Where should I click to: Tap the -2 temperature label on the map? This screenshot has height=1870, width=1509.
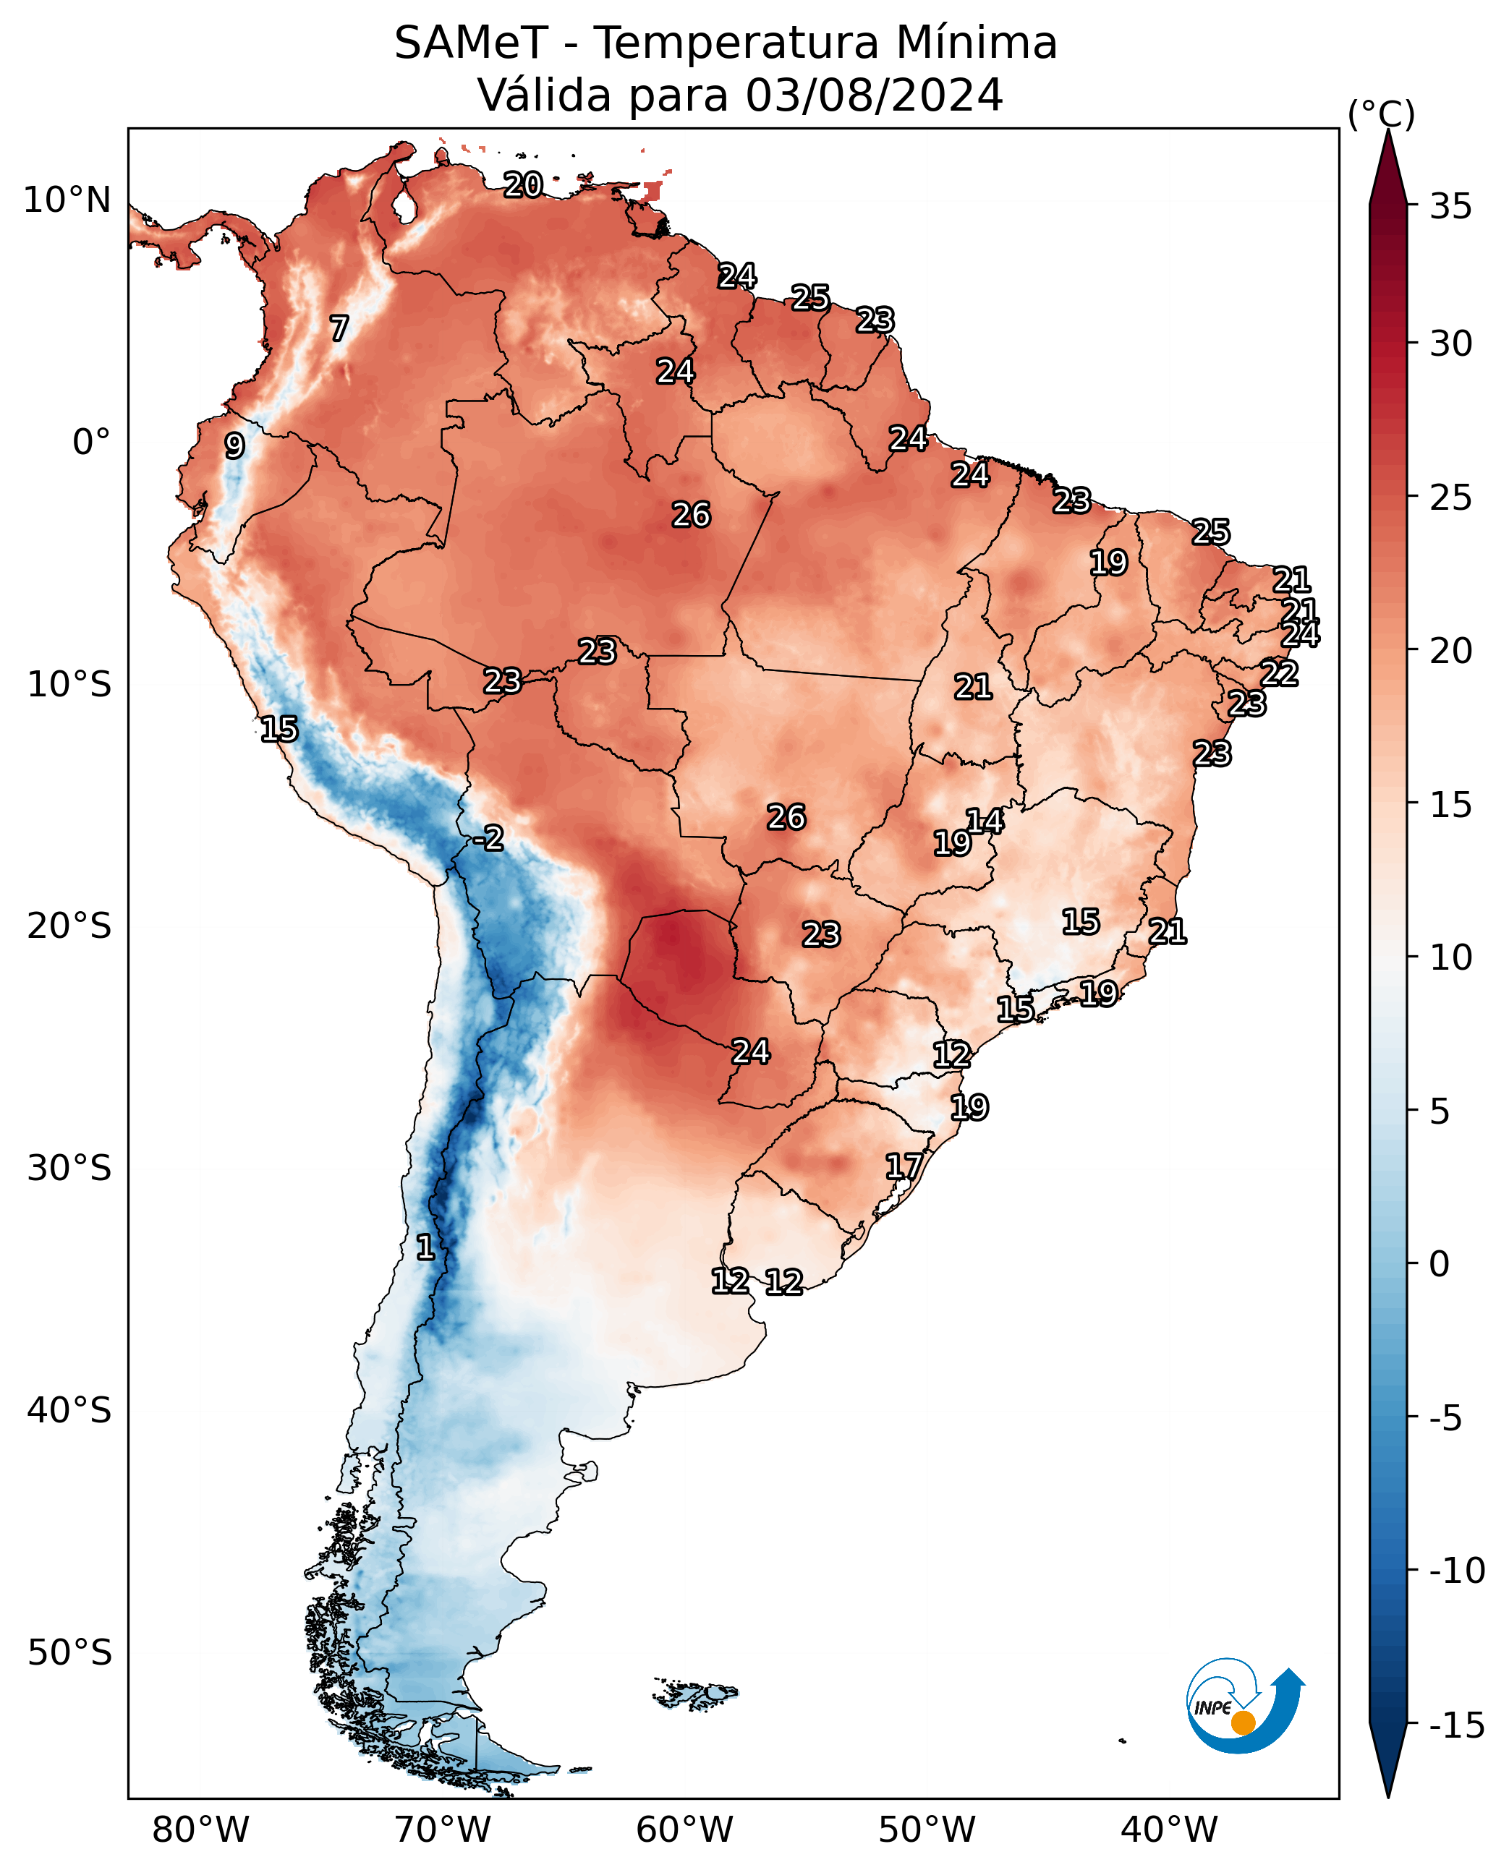[x=488, y=839]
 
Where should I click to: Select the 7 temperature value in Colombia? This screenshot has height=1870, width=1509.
[x=339, y=328]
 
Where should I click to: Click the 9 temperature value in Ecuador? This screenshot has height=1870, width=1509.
[x=234, y=445]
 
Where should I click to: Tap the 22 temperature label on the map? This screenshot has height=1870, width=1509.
[x=1280, y=673]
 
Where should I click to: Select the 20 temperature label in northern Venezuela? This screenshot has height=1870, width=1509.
[x=523, y=184]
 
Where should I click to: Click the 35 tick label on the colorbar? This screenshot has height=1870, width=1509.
[x=1450, y=207]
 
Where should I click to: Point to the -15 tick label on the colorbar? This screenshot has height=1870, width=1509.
[x=1457, y=1726]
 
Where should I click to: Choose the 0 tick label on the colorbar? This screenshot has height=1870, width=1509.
[x=1440, y=1264]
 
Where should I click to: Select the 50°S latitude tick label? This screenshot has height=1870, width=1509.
[x=69, y=1652]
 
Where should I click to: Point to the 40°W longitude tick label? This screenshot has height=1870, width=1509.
[x=1169, y=1830]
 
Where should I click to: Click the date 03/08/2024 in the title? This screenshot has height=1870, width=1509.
[x=875, y=95]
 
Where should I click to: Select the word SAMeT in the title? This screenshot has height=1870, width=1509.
[x=470, y=43]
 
